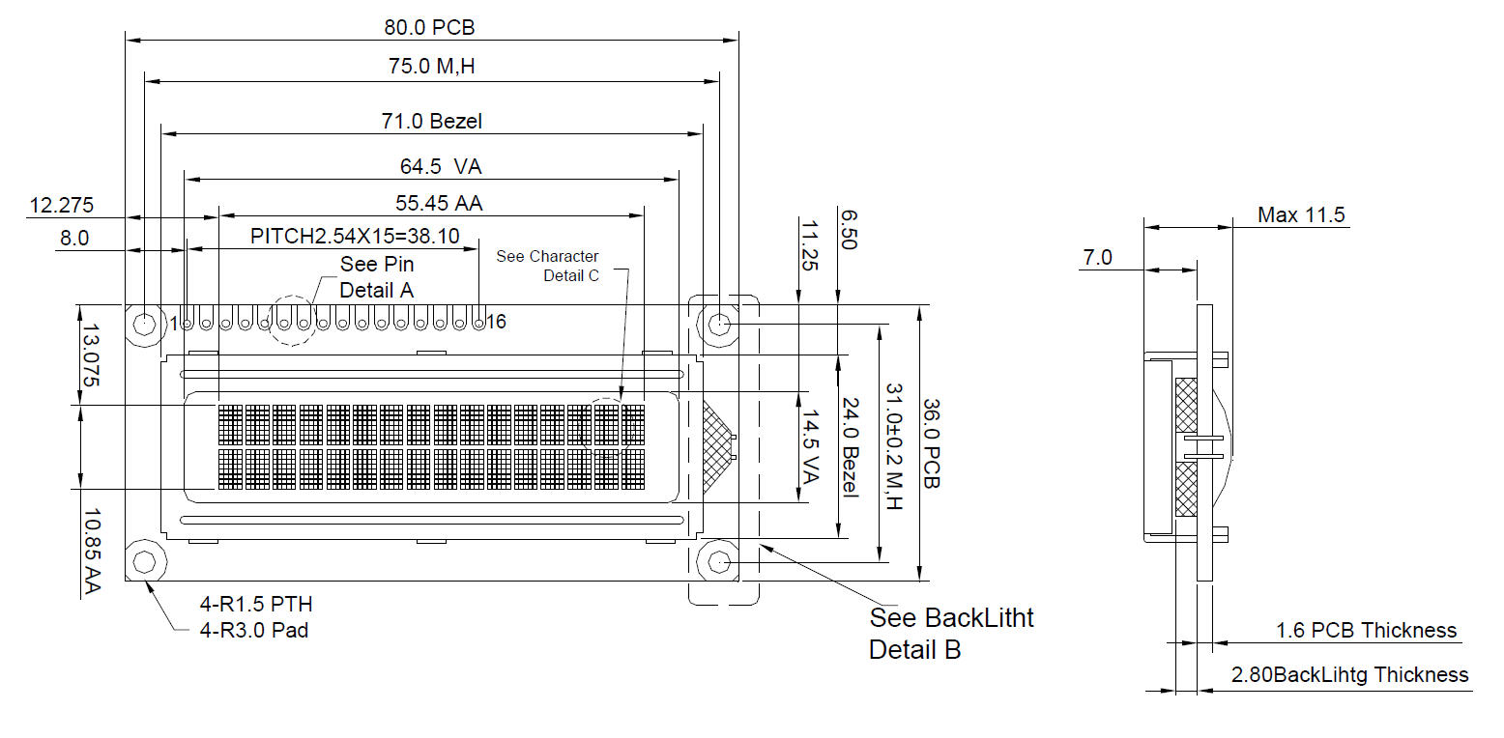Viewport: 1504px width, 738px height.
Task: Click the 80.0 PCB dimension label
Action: (429, 27)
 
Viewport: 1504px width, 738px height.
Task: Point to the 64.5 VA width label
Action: (441, 166)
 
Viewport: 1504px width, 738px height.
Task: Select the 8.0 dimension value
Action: (73, 238)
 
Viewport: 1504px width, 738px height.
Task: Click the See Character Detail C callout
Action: (548, 266)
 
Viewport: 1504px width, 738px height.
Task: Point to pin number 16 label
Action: (496, 322)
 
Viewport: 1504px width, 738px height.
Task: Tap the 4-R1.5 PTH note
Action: (256, 605)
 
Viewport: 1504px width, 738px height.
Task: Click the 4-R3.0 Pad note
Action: (254, 630)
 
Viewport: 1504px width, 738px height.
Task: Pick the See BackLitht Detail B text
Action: (950, 633)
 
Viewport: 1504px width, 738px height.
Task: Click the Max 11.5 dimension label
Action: (1300, 214)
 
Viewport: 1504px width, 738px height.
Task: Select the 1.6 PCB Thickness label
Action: (1366, 630)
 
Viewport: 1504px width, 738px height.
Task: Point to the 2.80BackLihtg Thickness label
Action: (1349, 674)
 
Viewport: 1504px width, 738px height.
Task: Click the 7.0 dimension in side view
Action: (1097, 257)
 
